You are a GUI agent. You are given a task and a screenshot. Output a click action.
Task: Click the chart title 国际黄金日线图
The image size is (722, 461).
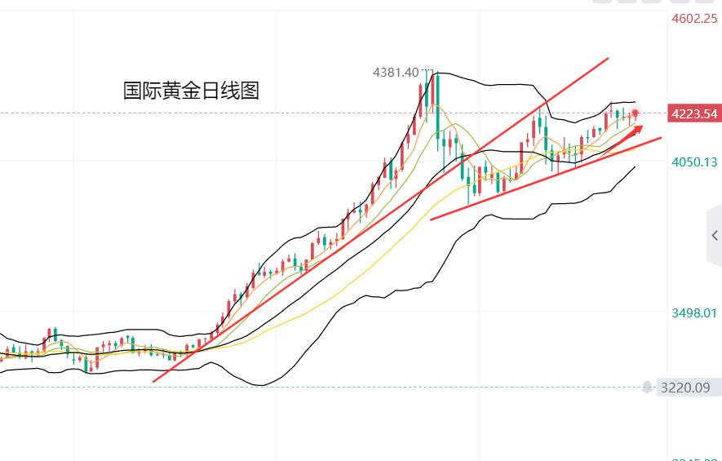(x=191, y=91)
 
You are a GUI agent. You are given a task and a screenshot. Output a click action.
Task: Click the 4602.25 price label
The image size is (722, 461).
(x=694, y=20)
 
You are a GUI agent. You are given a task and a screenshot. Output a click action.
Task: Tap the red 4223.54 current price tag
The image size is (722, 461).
(x=693, y=113)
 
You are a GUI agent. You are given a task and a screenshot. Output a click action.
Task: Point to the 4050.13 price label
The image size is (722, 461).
(x=694, y=162)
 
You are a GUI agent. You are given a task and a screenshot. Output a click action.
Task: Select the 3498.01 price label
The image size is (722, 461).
(x=694, y=313)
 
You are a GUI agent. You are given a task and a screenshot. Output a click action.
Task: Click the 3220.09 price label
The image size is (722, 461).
(x=686, y=388)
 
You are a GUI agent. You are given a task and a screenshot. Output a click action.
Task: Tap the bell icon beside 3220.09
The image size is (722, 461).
(x=648, y=387)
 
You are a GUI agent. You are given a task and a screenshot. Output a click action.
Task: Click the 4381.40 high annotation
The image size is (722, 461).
(x=396, y=73)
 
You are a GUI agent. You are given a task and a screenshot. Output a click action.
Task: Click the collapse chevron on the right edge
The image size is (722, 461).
(x=714, y=236)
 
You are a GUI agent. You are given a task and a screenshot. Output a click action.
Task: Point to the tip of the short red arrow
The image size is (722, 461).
(x=642, y=126)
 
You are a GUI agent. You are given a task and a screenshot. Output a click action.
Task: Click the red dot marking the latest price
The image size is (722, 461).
(x=636, y=112)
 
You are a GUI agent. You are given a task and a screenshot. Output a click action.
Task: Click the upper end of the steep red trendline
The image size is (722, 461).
(x=609, y=59)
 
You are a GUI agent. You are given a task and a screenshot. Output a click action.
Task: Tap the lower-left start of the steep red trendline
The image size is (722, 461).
(x=153, y=381)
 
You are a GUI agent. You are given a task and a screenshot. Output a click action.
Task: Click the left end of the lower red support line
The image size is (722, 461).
(x=430, y=219)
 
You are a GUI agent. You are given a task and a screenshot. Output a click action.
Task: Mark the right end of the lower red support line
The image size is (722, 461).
(x=661, y=139)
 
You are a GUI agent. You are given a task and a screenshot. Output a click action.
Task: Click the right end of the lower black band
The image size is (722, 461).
(x=635, y=166)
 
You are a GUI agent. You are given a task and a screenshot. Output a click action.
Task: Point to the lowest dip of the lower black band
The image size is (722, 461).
(x=261, y=385)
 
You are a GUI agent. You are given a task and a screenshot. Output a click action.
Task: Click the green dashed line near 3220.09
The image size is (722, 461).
(x=326, y=388)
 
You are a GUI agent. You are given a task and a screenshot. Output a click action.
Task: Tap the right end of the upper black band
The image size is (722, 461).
(x=635, y=103)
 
